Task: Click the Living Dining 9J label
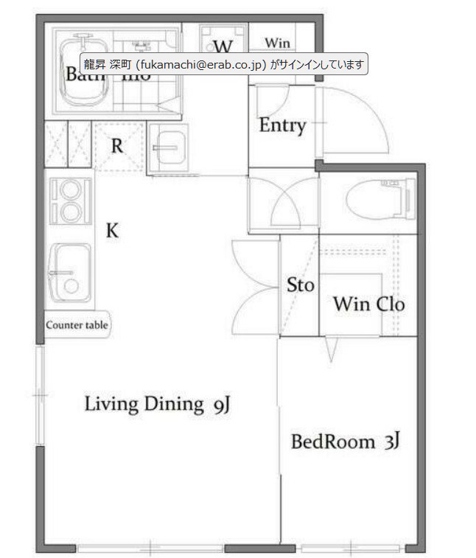pyautogui.click(x=158, y=404)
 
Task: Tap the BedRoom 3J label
pyautogui.click(x=345, y=442)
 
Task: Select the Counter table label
pyautogui.click(x=77, y=324)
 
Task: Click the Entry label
pyautogui.click(x=281, y=125)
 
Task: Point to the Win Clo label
pyautogui.click(x=368, y=303)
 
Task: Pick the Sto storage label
pyautogui.click(x=300, y=285)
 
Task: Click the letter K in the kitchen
pyautogui.click(x=112, y=231)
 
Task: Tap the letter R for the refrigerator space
pyautogui.click(x=116, y=145)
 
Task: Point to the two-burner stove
pyautogui.click(x=71, y=200)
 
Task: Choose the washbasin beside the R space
pyautogui.click(x=168, y=147)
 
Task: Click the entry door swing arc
pyautogui.click(x=361, y=118)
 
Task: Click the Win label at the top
pyautogui.click(x=277, y=42)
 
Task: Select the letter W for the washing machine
pyautogui.click(x=223, y=46)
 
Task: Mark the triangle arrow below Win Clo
pyautogui.click(x=331, y=351)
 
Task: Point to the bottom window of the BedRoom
pyautogui.click(x=350, y=548)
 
